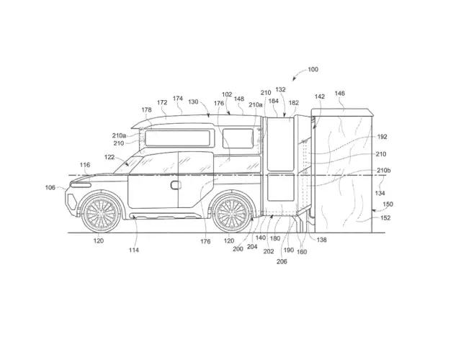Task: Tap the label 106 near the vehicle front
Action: (x=50, y=188)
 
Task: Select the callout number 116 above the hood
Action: (x=85, y=166)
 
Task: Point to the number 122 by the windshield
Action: (x=109, y=156)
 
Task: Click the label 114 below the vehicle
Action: (x=135, y=250)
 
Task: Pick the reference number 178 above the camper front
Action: (x=147, y=110)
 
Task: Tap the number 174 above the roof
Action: (x=178, y=99)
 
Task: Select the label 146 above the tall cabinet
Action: (x=339, y=94)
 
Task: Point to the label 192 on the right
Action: (x=382, y=136)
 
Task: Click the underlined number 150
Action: (x=388, y=205)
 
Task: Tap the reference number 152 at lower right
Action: (x=385, y=218)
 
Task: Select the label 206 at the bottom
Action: (x=281, y=261)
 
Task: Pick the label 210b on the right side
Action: (x=384, y=171)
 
